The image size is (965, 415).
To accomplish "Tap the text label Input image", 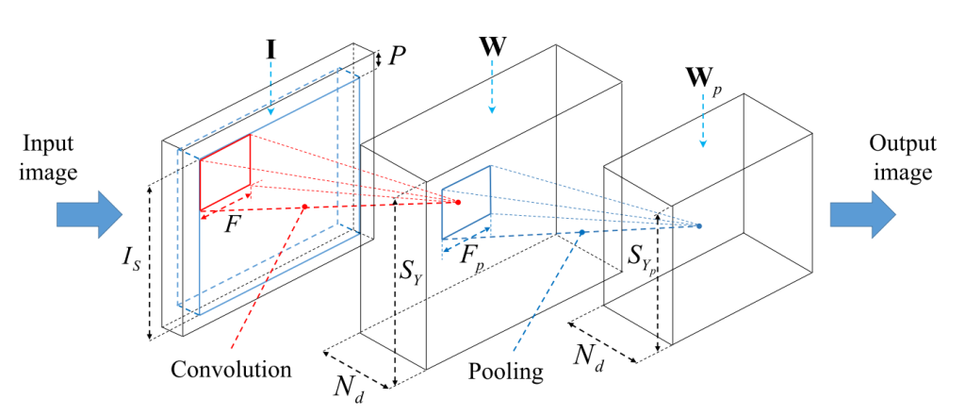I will [51, 157].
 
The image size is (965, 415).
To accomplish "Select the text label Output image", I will [902, 158].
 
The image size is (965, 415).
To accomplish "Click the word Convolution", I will [232, 369].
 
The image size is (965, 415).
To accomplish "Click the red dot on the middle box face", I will [459, 202].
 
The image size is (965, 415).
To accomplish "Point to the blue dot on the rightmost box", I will [699, 225].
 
